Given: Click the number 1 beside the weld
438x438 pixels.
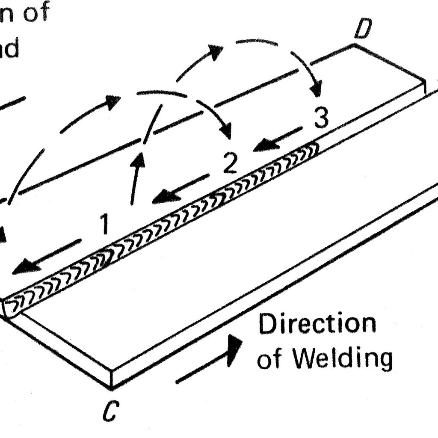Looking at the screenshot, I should (104, 225).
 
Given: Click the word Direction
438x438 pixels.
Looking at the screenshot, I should (317, 324).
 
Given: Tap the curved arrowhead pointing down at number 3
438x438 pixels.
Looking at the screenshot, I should (317, 91).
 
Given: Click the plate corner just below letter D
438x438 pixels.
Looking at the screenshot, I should (355, 44).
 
